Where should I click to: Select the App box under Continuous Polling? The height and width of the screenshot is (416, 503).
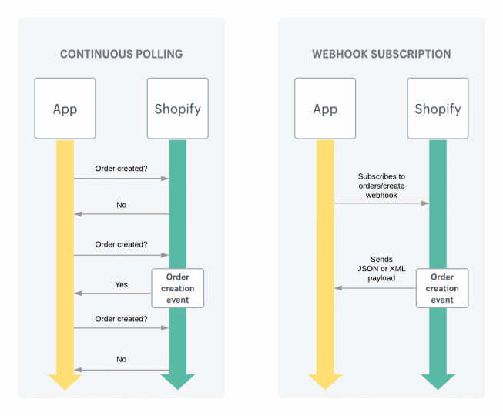point(65,109)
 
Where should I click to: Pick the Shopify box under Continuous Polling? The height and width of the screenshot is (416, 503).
point(177,109)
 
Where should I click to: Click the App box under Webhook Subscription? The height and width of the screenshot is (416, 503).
point(325,109)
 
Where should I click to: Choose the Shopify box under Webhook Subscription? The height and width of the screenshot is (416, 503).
point(438,109)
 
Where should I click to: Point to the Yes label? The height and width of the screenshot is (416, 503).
point(122,284)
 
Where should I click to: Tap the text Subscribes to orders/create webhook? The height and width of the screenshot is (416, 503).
point(381,186)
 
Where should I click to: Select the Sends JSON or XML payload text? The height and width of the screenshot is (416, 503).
point(381,270)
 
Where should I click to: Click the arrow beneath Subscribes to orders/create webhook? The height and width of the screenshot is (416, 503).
point(381,203)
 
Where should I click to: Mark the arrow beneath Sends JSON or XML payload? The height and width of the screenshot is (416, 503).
point(376,287)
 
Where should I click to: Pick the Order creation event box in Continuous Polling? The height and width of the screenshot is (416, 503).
point(178,288)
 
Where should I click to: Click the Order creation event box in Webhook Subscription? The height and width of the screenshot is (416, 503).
point(442,288)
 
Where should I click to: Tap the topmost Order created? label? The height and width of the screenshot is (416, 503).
point(121,169)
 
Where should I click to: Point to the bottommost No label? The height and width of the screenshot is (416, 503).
point(122,359)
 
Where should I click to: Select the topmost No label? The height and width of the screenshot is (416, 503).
point(122,205)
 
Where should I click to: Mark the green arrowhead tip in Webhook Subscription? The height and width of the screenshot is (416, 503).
point(438,387)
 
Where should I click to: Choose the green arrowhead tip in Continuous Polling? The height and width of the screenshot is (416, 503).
point(177,387)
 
